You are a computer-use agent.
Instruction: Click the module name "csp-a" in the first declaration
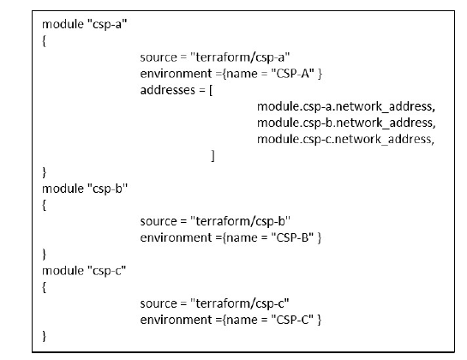tap(107, 24)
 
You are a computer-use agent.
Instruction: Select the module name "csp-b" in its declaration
tap(107, 189)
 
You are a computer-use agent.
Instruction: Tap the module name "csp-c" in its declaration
tap(107, 271)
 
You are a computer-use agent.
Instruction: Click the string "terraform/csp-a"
tap(240, 57)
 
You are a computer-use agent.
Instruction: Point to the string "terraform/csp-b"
tap(240, 221)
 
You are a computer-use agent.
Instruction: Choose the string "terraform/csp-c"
tap(240, 303)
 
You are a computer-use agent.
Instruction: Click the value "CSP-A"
tap(293, 74)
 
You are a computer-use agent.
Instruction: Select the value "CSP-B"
tap(292, 237)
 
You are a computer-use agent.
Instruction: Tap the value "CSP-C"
tap(292, 320)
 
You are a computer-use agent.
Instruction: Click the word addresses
tap(167, 90)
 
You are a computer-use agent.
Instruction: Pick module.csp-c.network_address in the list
tap(344, 139)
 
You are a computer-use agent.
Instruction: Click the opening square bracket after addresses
tap(211, 90)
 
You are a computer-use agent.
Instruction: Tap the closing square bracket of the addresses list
tap(213, 156)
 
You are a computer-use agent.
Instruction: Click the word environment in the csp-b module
tap(176, 237)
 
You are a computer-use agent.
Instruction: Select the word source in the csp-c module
tap(159, 303)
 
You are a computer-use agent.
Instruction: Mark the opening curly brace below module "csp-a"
tap(44, 41)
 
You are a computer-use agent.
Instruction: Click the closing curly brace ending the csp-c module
tap(45, 336)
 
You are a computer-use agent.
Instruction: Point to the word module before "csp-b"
tap(63, 189)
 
